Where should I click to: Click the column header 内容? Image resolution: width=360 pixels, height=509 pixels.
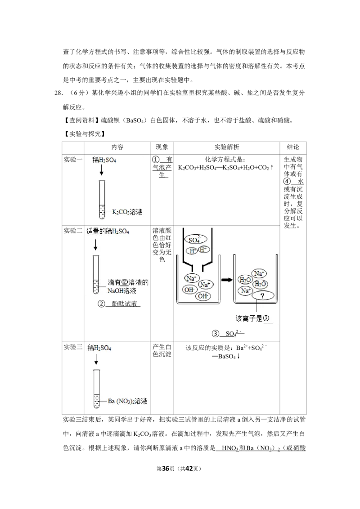117,147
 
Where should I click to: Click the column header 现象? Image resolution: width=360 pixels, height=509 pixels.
162,147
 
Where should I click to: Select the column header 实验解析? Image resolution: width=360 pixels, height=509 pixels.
226,147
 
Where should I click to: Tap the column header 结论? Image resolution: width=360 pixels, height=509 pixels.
293,147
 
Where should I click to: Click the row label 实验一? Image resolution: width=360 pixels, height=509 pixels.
73,159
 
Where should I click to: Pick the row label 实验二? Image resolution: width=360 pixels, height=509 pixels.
73,231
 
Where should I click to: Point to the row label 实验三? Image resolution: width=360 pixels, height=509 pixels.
73,347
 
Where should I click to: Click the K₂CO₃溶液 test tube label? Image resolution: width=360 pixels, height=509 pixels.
127,212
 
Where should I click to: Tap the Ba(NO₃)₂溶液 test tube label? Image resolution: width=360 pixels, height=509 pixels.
127,401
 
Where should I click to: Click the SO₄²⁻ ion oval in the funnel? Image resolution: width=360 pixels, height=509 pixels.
195,240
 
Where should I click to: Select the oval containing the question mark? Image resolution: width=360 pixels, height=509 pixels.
263,296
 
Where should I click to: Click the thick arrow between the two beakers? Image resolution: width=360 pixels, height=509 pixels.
226,280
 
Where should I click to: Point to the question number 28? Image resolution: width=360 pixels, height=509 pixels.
58,93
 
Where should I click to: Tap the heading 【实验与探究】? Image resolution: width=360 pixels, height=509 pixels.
84,134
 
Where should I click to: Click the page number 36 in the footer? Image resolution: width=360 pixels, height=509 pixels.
166,469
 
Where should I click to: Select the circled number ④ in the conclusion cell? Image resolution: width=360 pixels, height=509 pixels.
287,182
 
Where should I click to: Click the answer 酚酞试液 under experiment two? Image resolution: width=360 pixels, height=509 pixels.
125,304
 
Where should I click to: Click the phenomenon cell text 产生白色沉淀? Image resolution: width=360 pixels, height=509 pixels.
162,351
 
